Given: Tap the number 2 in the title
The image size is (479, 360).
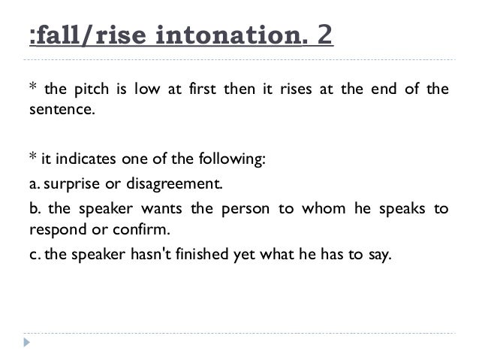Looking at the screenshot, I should click(325, 36).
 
